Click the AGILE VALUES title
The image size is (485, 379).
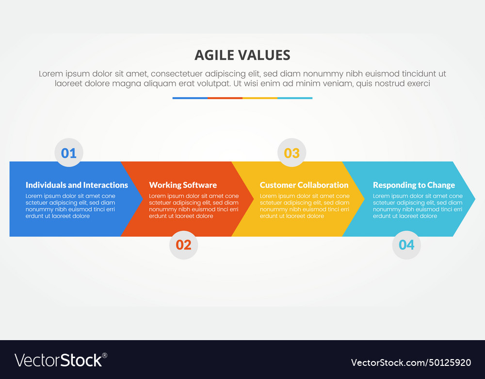point(242,55)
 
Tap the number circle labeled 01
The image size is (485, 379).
point(69,153)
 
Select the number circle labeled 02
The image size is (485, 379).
point(183,245)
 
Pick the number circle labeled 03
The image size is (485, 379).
point(291,153)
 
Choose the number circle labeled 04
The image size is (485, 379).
point(406,245)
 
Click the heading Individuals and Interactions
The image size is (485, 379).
point(77,185)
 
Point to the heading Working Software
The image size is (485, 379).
point(183,185)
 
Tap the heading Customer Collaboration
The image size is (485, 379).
point(304,185)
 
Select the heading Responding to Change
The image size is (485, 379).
point(414,185)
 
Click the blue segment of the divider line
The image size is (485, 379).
point(190,98)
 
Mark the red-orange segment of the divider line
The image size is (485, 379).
point(225,98)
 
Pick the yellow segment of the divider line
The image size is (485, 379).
point(260,98)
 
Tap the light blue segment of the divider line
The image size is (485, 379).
point(295,98)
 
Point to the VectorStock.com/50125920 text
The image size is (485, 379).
point(411,362)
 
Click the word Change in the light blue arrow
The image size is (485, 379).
point(441,185)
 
